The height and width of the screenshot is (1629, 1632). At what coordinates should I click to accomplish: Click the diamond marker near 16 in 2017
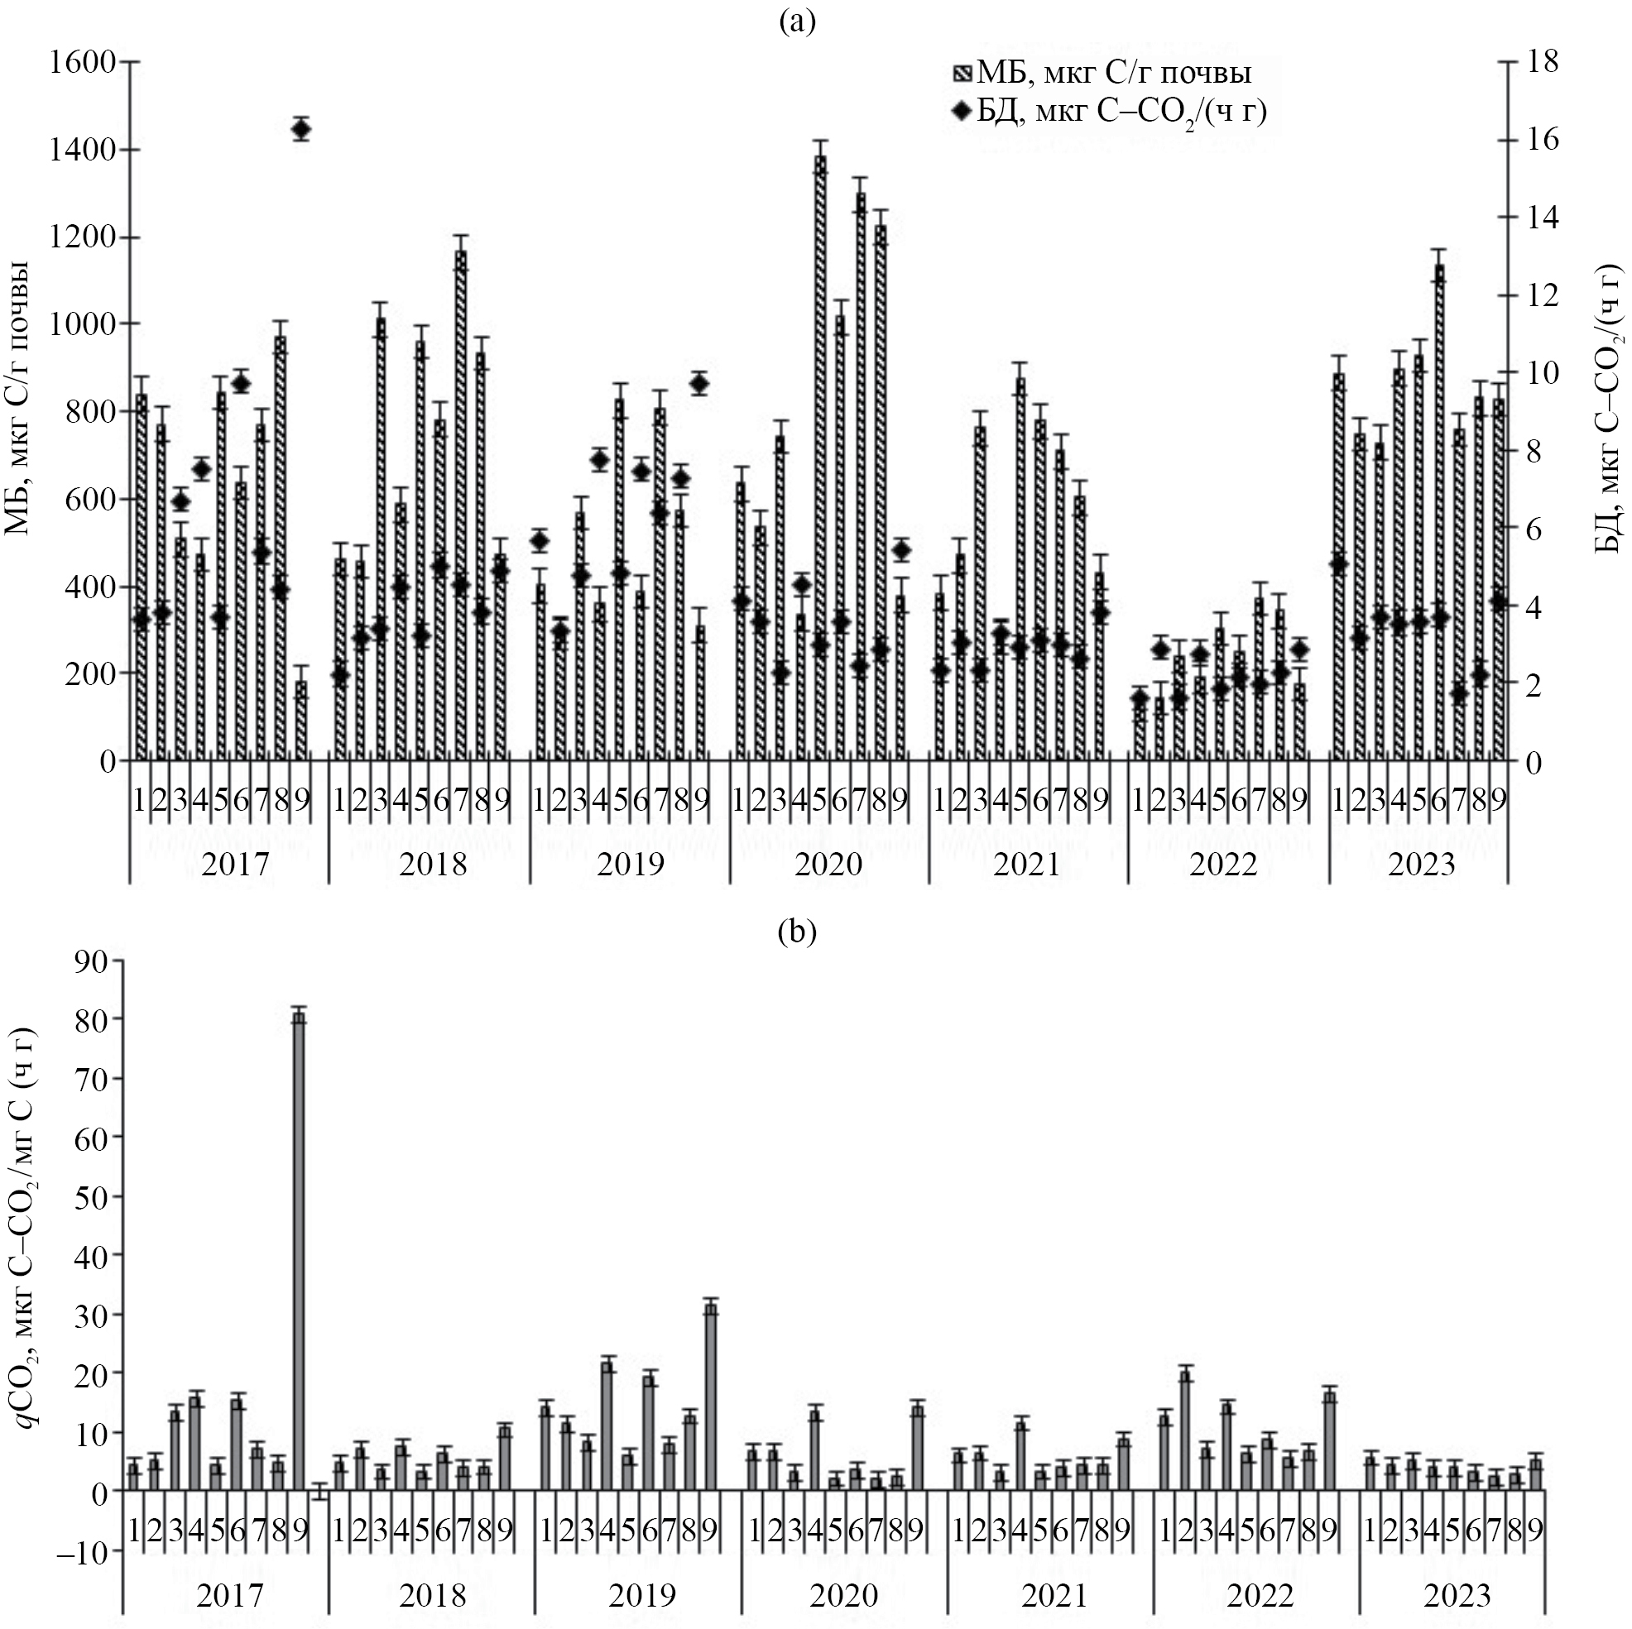(x=300, y=129)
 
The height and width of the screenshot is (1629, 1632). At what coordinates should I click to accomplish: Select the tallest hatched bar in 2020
(x=820, y=456)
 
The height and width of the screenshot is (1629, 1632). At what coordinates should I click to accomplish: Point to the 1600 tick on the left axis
(x=83, y=62)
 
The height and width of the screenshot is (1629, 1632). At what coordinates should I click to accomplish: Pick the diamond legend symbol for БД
(x=963, y=111)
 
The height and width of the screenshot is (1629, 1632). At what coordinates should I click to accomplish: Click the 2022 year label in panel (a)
(x=1223, y=865)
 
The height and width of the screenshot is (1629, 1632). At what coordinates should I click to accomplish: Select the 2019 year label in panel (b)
(x=642, y=1595)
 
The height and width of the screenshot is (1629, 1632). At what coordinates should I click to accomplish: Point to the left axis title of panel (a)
(x=18, y=397)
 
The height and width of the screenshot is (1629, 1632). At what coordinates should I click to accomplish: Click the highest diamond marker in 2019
(x=699, y=383)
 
